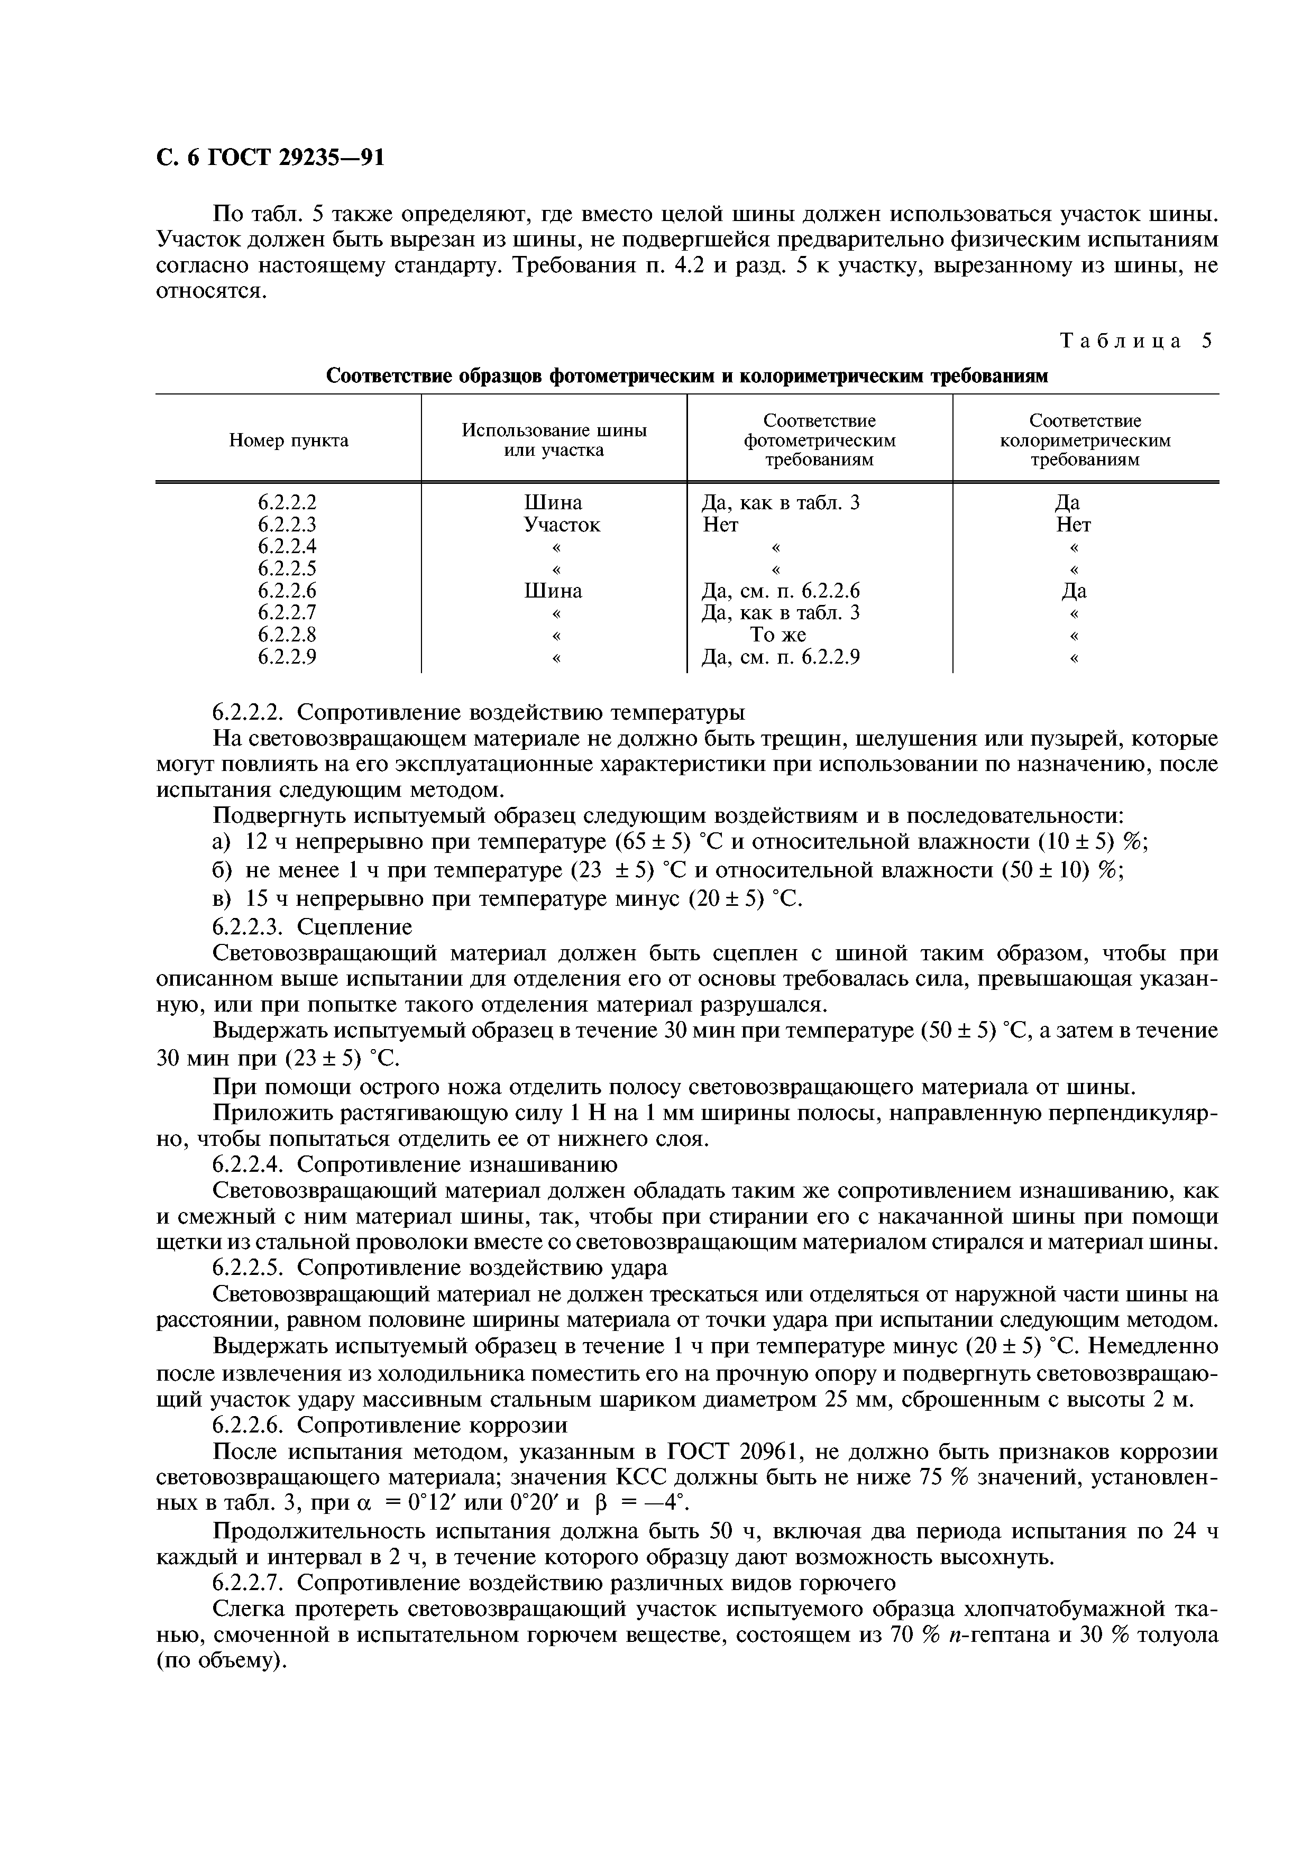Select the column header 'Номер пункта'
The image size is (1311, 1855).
288,440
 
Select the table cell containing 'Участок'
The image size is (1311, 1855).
562,525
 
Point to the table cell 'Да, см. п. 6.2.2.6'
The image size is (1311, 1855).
780,591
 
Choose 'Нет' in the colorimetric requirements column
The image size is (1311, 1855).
1074,525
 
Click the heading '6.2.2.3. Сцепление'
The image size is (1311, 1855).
312,926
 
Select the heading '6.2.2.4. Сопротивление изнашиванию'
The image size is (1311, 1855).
415,1164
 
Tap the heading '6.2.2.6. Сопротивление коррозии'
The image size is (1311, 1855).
389,1424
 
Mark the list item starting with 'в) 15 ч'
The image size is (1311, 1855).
507,898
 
